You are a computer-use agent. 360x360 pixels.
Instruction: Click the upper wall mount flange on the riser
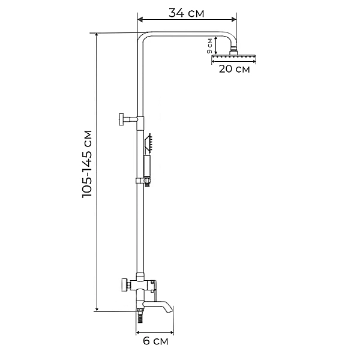[x=122, y=118]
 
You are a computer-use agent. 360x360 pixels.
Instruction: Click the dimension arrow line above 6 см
[x=155, y=331]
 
